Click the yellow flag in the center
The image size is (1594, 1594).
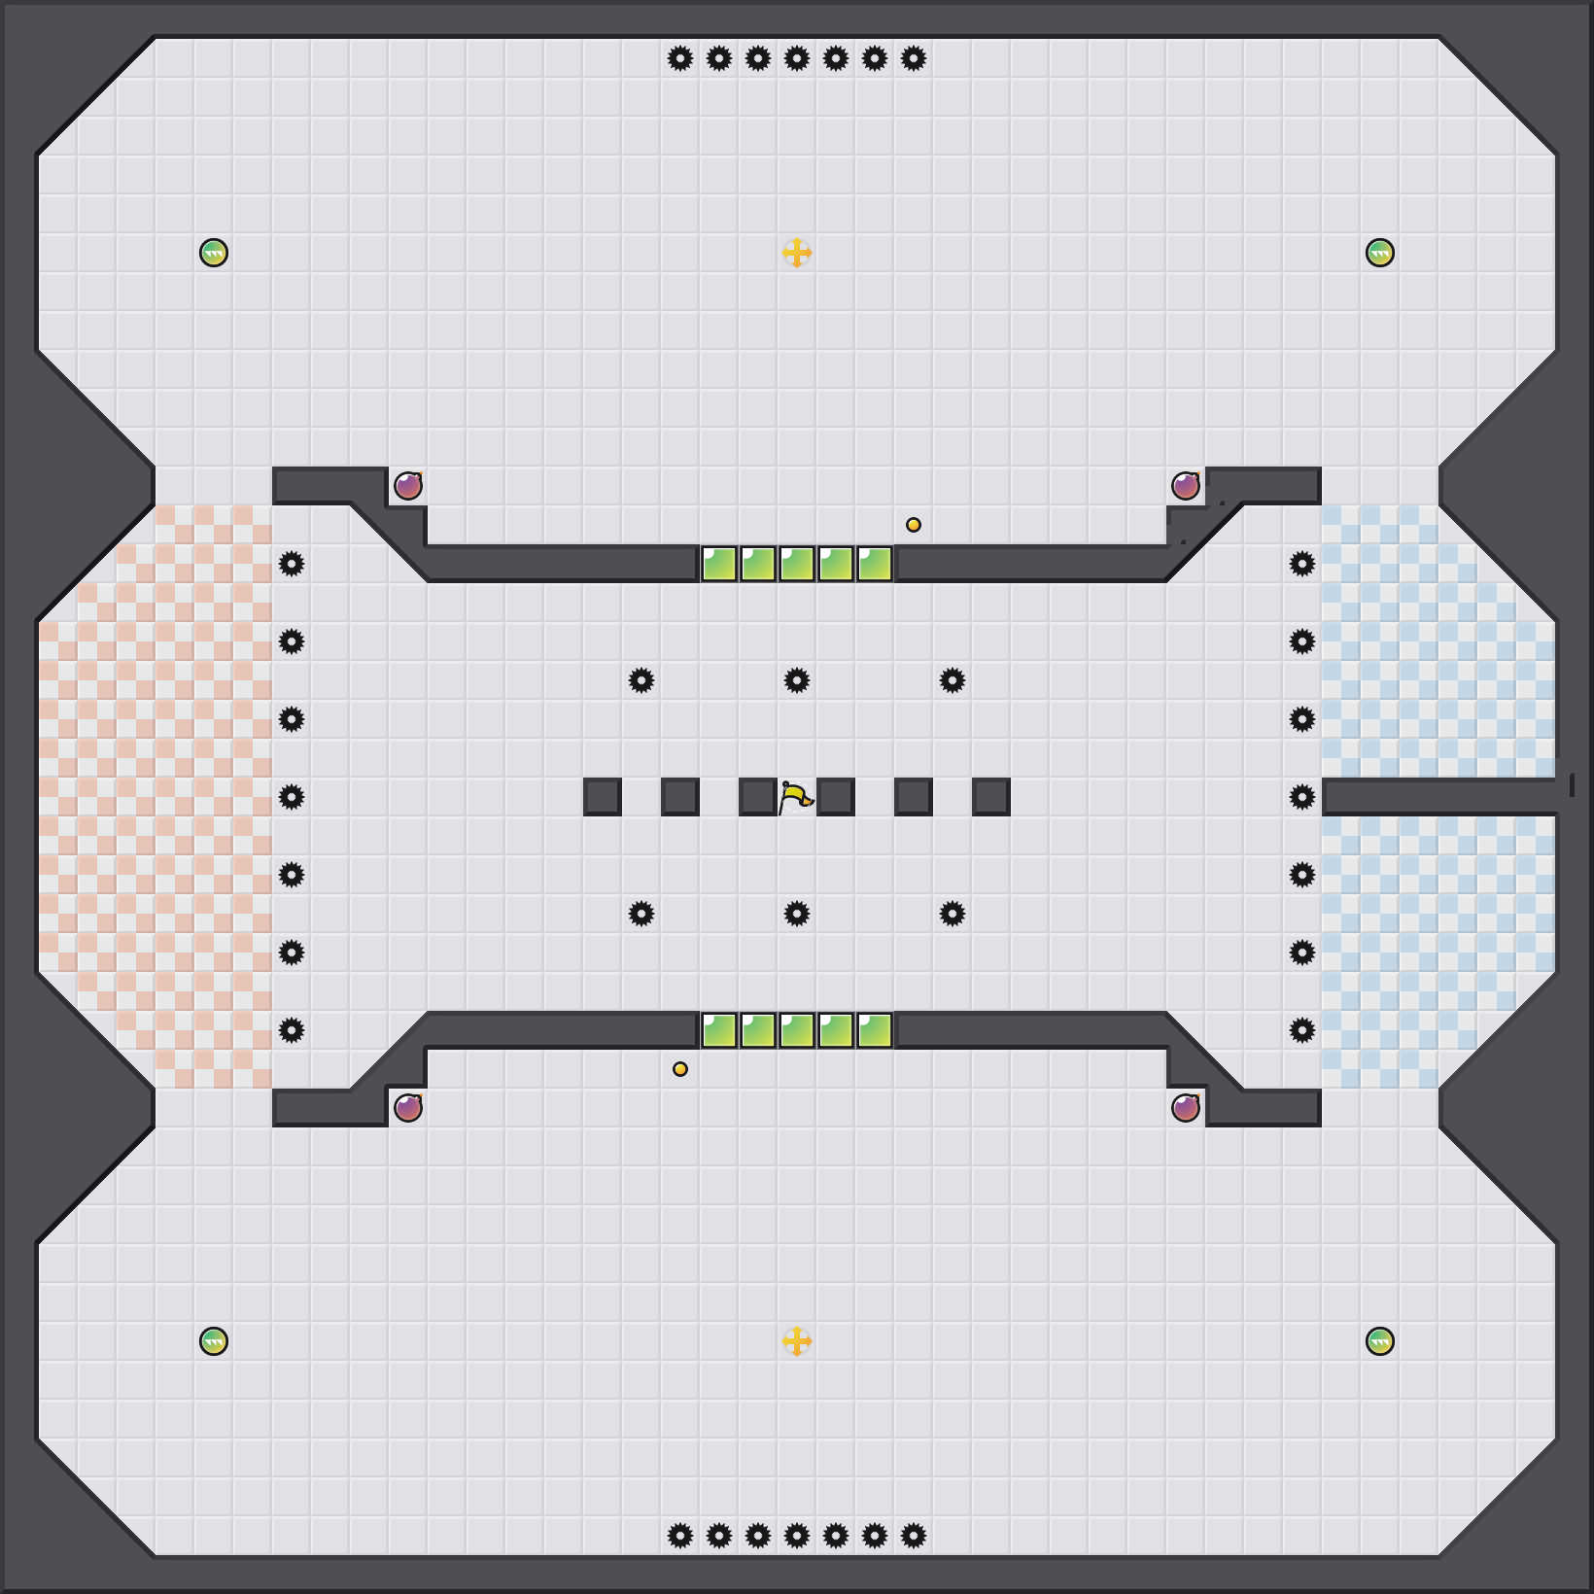click(796, 797)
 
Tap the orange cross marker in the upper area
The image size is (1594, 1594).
click(797, 253)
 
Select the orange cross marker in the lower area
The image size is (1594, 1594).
click(797, 1341)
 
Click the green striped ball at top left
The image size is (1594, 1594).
click(214, 253)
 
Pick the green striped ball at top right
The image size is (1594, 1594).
click(1380, 253)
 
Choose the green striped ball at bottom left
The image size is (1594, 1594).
click(214, 1341)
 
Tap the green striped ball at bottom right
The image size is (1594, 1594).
click(1380, 1341)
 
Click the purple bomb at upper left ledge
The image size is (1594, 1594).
click(408, 486)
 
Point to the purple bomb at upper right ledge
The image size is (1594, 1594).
click(1186, 486)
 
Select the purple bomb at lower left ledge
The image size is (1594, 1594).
click(408, 1108)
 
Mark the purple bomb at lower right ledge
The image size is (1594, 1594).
click(1186, 1108)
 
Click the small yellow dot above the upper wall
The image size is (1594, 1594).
click(914, 525)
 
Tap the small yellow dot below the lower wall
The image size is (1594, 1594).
click(680, 1069)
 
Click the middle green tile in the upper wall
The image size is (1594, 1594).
click(797, 564)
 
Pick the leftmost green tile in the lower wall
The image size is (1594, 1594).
click(719, 1030)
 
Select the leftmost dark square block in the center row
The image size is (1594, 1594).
click(603, 797)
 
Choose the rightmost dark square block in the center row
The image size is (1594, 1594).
click(991, 797)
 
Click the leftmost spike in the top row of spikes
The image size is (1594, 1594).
click(680, 58)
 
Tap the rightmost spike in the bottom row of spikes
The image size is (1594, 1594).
click(914, 1536)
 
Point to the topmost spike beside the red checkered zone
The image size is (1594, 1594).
click(292, 564)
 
